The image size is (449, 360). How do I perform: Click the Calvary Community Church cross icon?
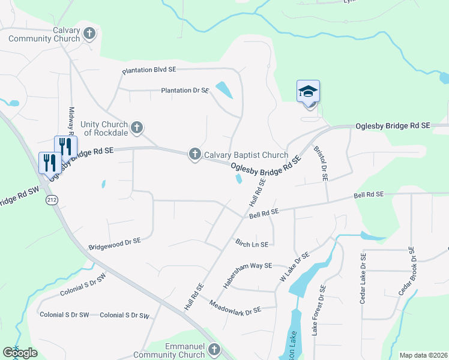[x=89, y=34]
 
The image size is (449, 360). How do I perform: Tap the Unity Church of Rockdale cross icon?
[x=137, y=127]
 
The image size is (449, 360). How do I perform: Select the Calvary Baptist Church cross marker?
[x=194, y=155]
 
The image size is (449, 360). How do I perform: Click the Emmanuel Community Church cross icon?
[x=214, y=350]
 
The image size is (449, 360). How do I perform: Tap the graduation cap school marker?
[x=308, y=92]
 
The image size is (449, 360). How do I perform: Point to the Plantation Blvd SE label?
[x=149, y=70]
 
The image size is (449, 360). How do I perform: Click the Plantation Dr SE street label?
[x=185, y=91]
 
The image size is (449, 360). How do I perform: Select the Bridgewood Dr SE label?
[x=114, y=243]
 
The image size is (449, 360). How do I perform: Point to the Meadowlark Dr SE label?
[x=235, y=305]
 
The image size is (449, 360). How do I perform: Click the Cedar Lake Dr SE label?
[x=363, y=278]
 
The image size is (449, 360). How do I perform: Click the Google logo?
[x=20, y=353]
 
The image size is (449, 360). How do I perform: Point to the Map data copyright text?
[x=423, y=355]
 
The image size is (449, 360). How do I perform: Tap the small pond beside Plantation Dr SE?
[x=223, y=89]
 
